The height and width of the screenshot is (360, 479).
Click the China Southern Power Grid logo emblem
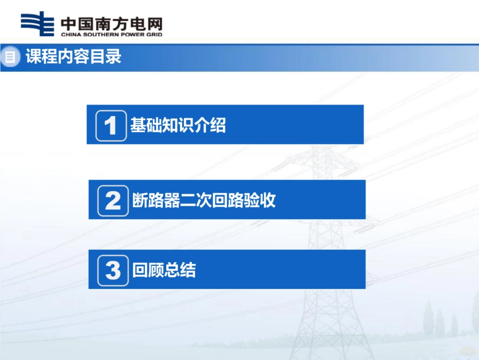click(x=37, y=24)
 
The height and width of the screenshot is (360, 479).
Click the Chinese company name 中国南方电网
click(x=111, y=23)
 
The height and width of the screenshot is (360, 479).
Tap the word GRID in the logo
click(x=153, y=34)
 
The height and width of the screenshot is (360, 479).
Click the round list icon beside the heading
click(x=10, y=57)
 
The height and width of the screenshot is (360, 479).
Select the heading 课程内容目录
click(x=74, y=56)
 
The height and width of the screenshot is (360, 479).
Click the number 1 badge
click(x=111, y=125)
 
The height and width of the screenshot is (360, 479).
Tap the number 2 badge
click(x=112, y=201)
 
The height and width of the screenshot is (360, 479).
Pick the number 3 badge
click(x=112, y=270)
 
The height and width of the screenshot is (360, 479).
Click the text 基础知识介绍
click(x=178, y=125)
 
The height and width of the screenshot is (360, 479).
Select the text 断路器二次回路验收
click(x=204, y=200)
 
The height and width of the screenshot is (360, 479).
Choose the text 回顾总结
click(x=164, y=270)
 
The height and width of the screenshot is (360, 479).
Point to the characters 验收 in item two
click(x=260, y=200)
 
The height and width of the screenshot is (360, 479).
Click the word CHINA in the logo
click(x=70, y=34)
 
